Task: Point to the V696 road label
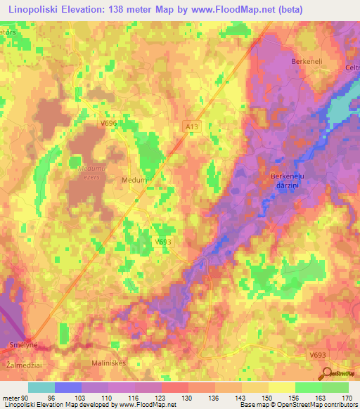(x=108, y=123)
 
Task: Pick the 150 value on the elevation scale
(x=263, y=397)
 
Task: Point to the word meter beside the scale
(x=10, y=397)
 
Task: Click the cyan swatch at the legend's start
(x=41, y=387)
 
